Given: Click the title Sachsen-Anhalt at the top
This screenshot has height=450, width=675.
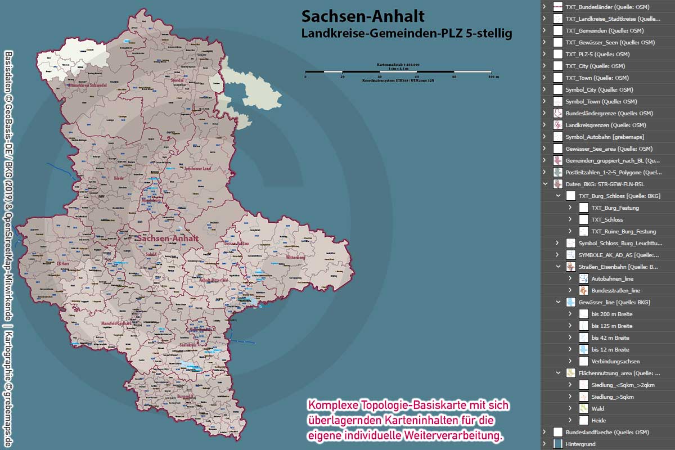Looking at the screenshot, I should click(x=363, y=16).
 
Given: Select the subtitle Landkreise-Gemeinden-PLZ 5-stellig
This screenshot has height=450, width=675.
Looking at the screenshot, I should click(x=406, y=34).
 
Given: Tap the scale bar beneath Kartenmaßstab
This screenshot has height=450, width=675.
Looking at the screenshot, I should click(x=398, y=72).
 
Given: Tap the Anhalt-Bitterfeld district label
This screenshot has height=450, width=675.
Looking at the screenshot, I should click(x=213, y=280).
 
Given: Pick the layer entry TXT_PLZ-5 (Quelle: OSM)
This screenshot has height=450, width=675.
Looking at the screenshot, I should click(x=597, y=55).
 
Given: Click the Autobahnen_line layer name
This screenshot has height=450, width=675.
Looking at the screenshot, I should click(x=612, y=279).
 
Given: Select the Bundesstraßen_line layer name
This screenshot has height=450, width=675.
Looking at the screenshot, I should click(x=615, y=291).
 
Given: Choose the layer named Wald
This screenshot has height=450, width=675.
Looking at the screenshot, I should click(x=598, y=409).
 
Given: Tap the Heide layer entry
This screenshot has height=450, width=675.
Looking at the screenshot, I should click(x=598, y=421).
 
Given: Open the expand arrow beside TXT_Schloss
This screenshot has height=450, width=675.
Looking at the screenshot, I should click(x=570, y=220).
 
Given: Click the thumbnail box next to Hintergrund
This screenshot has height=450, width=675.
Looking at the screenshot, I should click(x=557, y=444).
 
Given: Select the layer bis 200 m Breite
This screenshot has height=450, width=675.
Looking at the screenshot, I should click(x=611, y=314).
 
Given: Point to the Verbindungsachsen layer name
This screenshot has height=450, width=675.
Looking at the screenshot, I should click(x=615, y=362).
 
